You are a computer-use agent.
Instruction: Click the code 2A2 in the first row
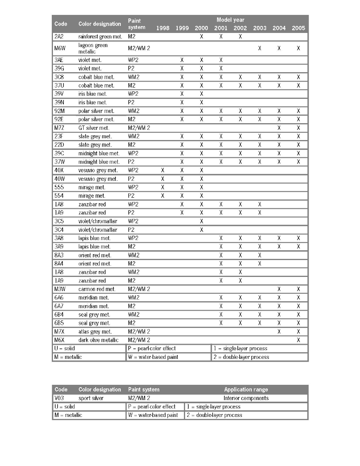coord(60,36)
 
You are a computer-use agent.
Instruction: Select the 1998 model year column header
coord(163,28)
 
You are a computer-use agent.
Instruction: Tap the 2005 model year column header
coord(298,28)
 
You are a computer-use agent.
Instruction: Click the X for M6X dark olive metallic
coord(298,340)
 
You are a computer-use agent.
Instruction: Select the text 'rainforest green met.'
coord(100,36)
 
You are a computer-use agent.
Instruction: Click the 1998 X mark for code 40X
coord(163,170)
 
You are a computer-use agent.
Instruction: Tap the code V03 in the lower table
coord(60,398)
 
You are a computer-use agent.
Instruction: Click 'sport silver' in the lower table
coord(91,398)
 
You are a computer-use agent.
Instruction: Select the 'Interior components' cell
coord(246,398)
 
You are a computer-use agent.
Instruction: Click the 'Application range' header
coord(246,390)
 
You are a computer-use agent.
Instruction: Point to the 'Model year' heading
coord(230,19)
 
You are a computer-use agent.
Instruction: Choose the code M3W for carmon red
coord(60,289)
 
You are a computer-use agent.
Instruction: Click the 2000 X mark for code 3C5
coord(201,221)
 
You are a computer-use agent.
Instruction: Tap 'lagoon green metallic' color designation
coord(93,48)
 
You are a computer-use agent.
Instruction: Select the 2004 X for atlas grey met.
coord(279,331)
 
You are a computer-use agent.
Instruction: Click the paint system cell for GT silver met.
coord(139,128)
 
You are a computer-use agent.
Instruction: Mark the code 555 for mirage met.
coord(59,187)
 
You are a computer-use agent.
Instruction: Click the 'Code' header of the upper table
coord(61,24)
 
